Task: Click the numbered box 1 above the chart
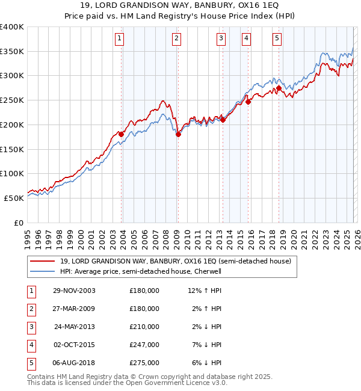tap(120, 38)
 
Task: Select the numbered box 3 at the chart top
tap(221, 38)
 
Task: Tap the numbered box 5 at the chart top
tap(277, 38)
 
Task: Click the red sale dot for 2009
tap(178, 135)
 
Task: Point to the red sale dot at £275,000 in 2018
tap(279, 88)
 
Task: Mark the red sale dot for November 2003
tap(121, 135)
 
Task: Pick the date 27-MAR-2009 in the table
tap(74, 309)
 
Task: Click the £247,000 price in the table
tap(144, 345)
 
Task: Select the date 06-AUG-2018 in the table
tap(74, 363)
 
